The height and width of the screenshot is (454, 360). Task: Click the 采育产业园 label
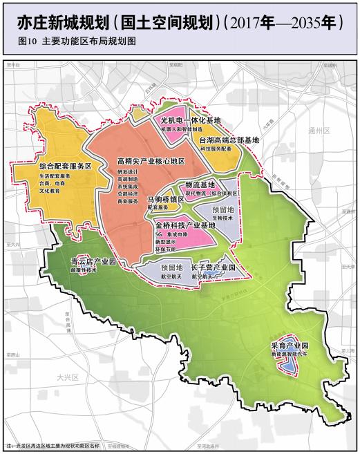290,345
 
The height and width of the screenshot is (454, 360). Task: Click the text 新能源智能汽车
290,353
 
